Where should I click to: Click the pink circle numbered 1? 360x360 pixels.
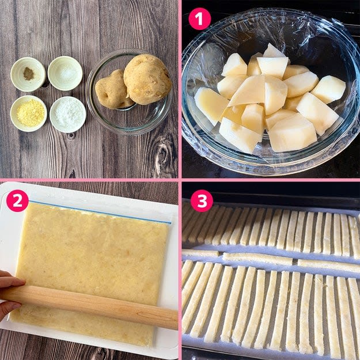pos(199,19)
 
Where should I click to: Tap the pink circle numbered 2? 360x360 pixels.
pos(17,200)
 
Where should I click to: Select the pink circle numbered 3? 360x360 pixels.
pos(202,200)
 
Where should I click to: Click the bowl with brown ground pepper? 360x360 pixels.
pos(28,74)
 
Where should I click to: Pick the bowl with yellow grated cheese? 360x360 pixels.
pos(29,113)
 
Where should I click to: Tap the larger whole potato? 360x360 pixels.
pos(147,79)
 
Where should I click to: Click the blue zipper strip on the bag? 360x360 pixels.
pos(100,212)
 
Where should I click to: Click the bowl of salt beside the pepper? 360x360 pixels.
pos(65,73)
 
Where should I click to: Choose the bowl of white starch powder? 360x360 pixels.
pos(68,115)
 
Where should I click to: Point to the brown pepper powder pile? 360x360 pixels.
pos(28,74)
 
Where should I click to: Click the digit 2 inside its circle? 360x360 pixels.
pos(17,200)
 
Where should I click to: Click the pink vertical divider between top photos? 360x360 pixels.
pos(180,89)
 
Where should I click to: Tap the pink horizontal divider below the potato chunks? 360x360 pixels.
pos(271,180)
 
